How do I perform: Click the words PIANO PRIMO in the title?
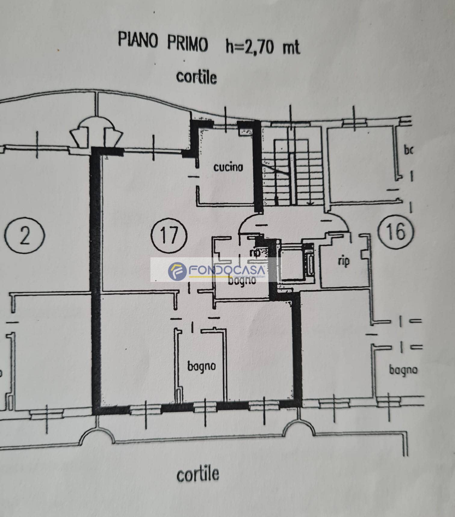point(163,42)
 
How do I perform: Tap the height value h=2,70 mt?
point(263,47)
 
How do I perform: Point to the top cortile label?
point(196,77)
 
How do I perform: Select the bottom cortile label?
point(198,474)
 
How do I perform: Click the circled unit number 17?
point(169,235)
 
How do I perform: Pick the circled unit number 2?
point(25,235)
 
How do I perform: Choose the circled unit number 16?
point(396,232)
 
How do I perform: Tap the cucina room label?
point(228,167)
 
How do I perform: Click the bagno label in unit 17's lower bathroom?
point(201,366)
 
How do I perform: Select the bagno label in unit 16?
point(403,370)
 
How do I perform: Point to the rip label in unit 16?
point(343,261)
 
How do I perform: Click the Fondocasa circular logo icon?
point(177,271)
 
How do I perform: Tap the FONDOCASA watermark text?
point(227,270)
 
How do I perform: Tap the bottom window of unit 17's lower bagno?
point(205,407)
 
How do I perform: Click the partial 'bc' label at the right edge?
point(408,150)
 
